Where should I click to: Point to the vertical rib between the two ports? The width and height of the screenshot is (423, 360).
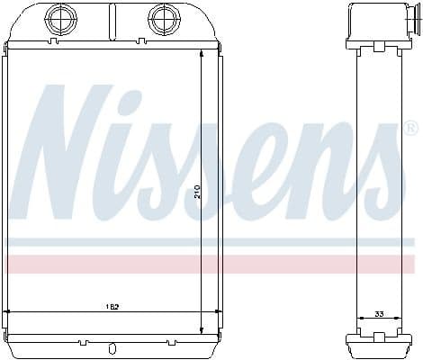pyautogui.click(x=112, y=19)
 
